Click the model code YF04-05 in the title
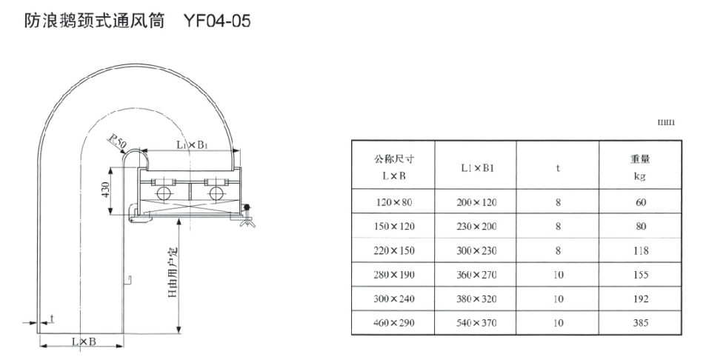pos(217,21)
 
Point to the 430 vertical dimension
pos(105,190)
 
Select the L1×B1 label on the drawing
pos(191,145)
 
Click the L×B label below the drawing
pos(84,341)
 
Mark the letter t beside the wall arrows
pos(53,319)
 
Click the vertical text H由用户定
pos(173,273)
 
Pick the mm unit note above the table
pos(667,122)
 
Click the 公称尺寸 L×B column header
pos(393,167)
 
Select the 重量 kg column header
pos(640,167)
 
